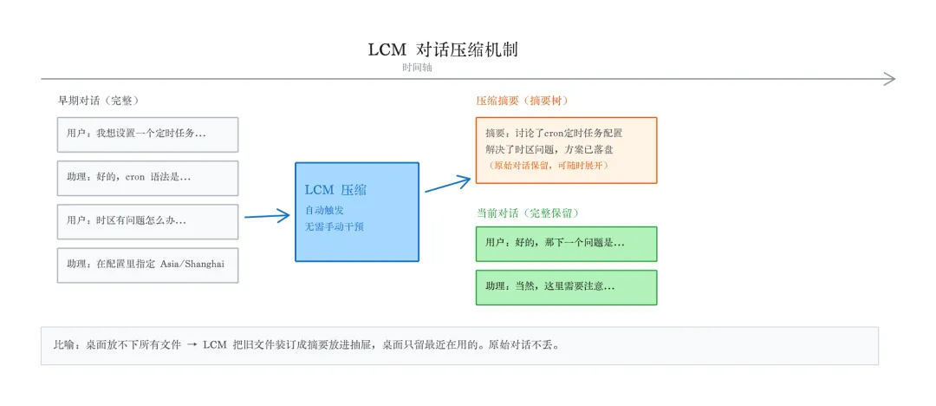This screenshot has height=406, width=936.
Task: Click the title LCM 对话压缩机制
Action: (443, 49)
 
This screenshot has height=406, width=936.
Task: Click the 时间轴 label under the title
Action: (417, 68)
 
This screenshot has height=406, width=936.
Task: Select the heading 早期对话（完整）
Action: (99, 101)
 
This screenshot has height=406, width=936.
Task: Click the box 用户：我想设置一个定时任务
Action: (147, 134)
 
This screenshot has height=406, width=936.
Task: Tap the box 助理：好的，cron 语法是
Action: (147, 178)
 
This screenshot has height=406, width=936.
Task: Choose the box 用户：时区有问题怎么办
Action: (147, 221)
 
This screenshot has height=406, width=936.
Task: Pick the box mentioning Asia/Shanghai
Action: (147, 265)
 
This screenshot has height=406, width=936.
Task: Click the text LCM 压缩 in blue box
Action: (335, 190)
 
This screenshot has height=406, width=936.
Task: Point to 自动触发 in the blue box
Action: (322, 210)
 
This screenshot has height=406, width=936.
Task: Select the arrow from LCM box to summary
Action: (448, 183)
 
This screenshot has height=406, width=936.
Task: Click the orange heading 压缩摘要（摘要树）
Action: (522, 101)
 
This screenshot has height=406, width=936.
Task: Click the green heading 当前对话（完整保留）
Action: (527, 212)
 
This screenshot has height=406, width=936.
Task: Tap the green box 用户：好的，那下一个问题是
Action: (566, 244)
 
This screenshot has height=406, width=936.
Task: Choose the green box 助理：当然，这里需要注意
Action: (566, 287)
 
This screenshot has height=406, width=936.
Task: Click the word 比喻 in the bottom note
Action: (64, 345)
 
